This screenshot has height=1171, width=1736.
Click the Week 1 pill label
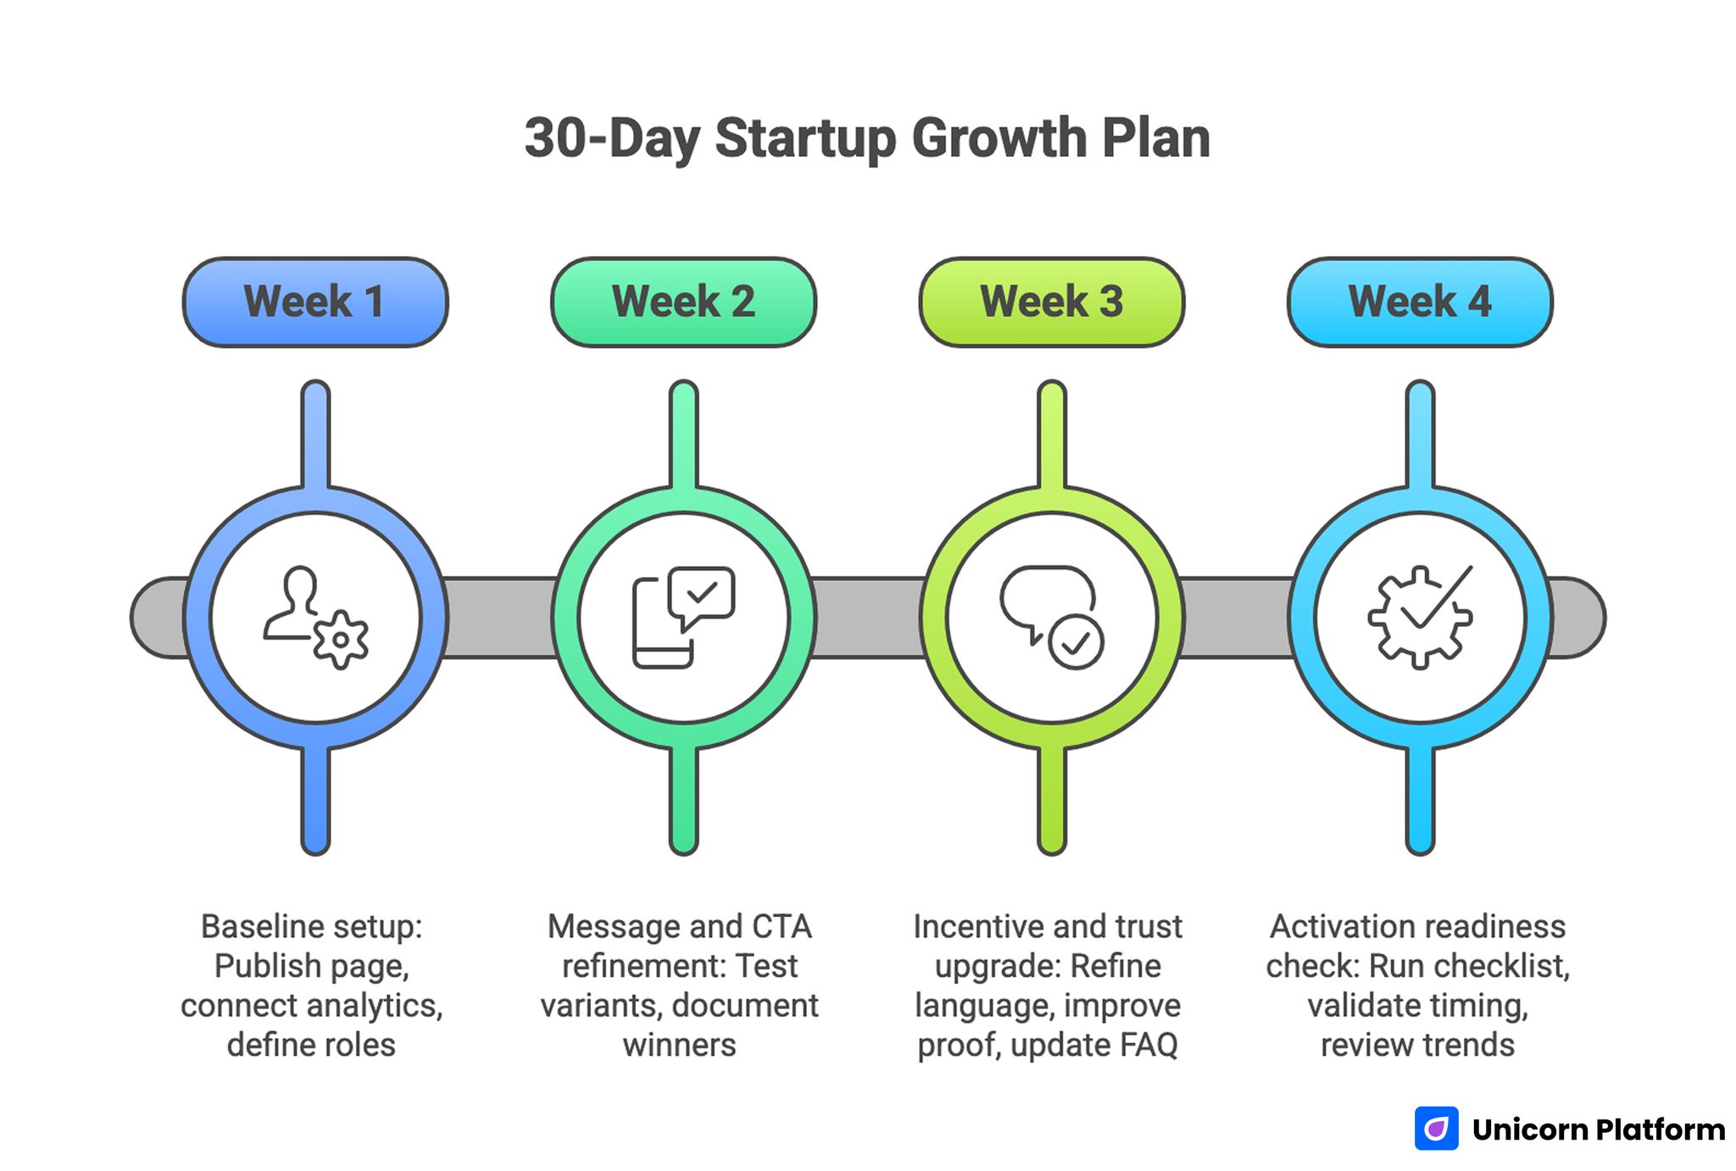314,302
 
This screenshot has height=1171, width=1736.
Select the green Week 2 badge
683,302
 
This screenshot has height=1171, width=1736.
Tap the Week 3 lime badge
1051,302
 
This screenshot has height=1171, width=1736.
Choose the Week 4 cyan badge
1420,302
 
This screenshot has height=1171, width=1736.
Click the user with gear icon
314,618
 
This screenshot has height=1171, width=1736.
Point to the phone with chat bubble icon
683,618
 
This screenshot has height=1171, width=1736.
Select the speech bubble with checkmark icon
1051,618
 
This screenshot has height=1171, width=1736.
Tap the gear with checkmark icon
1420,618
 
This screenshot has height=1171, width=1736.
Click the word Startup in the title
805,139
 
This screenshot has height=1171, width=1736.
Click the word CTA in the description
781,927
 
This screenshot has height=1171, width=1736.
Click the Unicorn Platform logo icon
1436,1129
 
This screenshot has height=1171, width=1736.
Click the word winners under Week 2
679,1045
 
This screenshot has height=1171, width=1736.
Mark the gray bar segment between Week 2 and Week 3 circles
867,618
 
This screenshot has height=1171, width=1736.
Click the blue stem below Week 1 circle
314,801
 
